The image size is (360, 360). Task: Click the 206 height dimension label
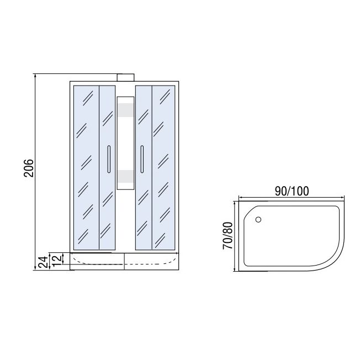[29, 168]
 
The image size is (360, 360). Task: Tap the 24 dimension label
[43, 262]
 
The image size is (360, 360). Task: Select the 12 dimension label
[57, 260]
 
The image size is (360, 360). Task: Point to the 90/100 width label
[292, 191]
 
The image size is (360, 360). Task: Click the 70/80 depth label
[227, 236]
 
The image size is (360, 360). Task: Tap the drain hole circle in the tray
[258, 220]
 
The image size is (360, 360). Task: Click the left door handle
[109, 159]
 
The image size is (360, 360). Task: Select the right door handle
[142, 159]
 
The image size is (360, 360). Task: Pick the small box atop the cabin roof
[125, 78]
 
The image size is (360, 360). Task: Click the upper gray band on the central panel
[125, 110]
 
